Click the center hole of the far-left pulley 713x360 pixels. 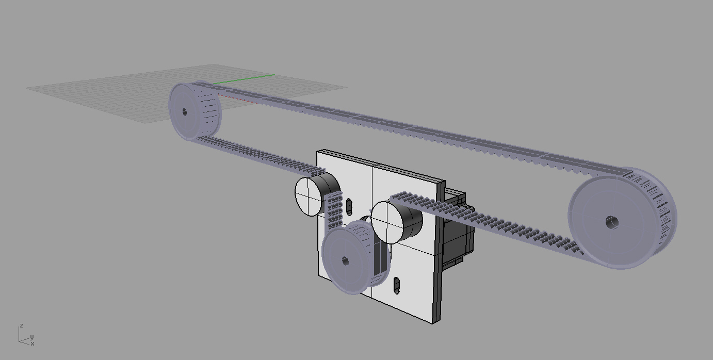pos(185,112)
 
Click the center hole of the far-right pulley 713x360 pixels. pos(612,222)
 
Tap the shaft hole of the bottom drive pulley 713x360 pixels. pos(345,261)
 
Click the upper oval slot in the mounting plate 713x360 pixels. pos(349,207)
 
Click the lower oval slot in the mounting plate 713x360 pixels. pos(397,285)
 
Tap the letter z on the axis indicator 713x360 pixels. pos(22,325)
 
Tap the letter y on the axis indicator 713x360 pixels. pos(32,337)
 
